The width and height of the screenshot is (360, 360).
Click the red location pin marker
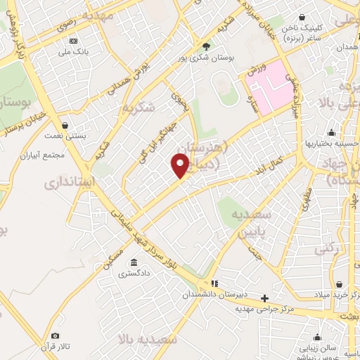[181, 166]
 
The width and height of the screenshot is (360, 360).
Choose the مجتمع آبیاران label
[64, 154]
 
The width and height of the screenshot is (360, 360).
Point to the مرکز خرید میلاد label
[335, 295]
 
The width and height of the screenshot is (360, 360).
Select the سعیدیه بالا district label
[147, 340]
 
